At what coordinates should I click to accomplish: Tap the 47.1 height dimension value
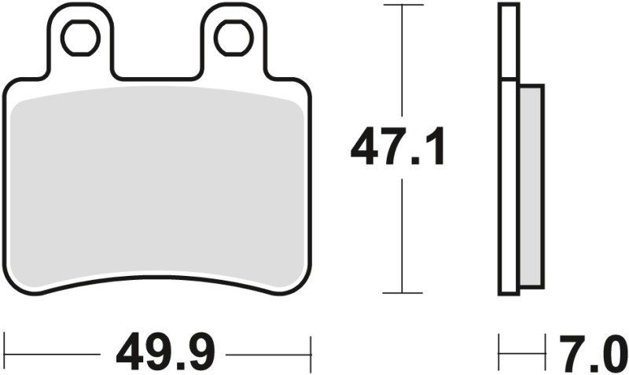(398, 149)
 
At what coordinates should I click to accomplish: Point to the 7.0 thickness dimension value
(591, 355)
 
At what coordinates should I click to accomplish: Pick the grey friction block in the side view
(531, 186)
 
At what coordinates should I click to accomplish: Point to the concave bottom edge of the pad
(157, 277)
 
